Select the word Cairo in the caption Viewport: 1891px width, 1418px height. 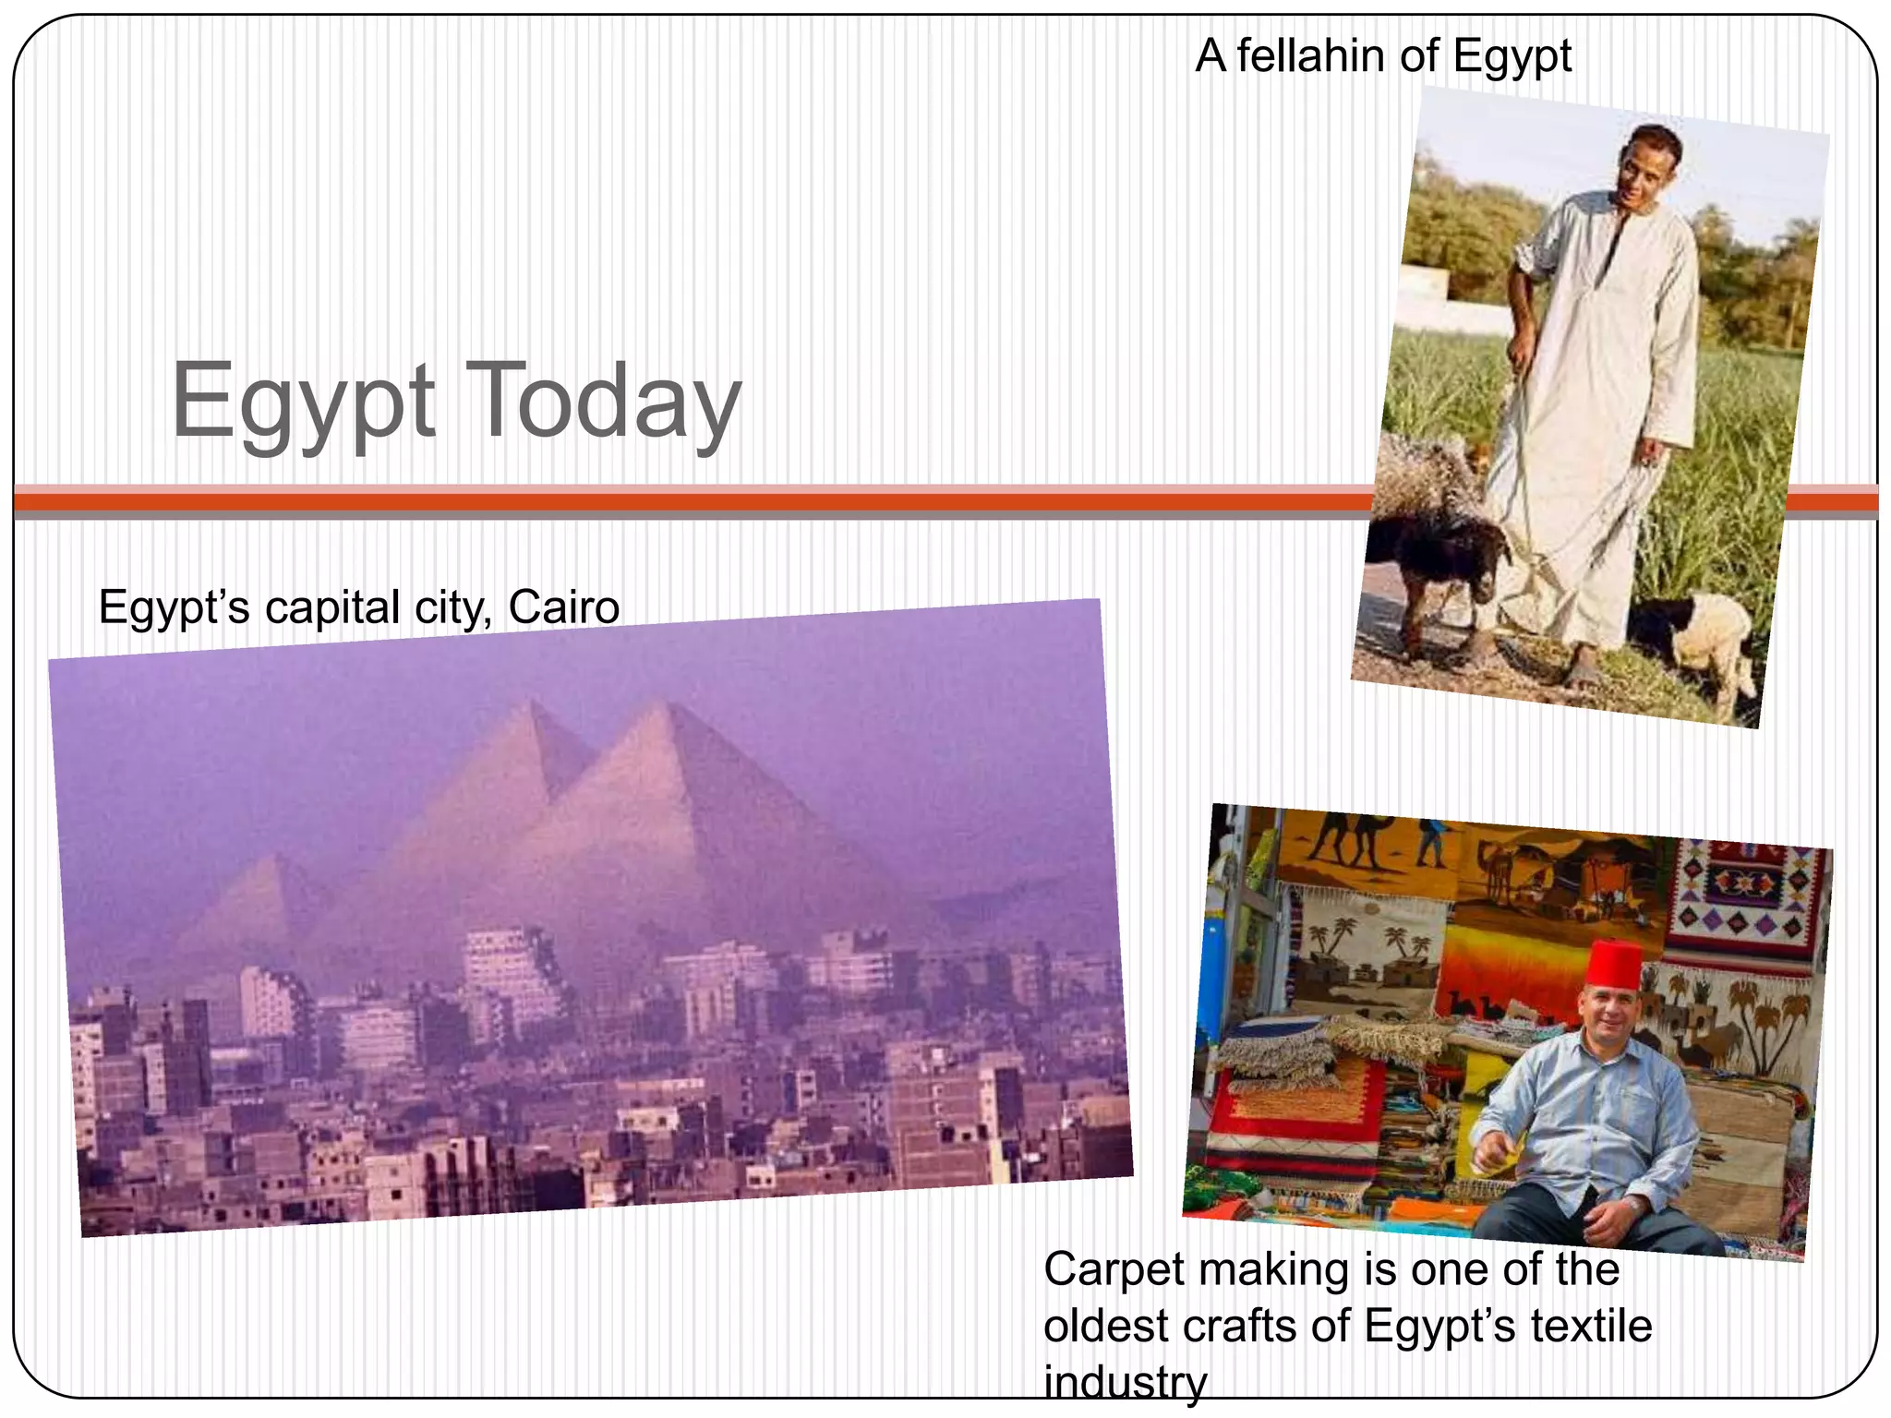point(563,607)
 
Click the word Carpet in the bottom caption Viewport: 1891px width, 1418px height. point(1114,1269)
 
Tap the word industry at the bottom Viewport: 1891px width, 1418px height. point(1125,1382)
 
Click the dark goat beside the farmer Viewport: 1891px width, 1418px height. point(1440,554)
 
